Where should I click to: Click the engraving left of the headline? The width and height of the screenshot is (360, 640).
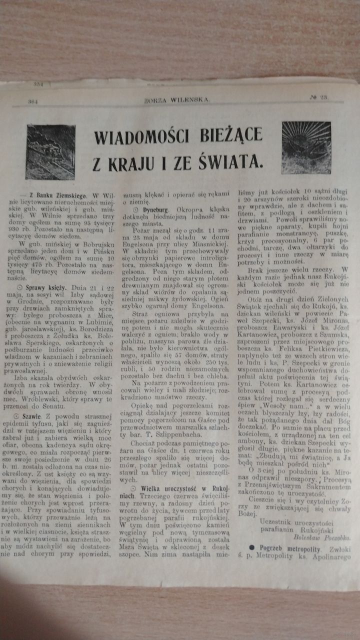tap(50, 152)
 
